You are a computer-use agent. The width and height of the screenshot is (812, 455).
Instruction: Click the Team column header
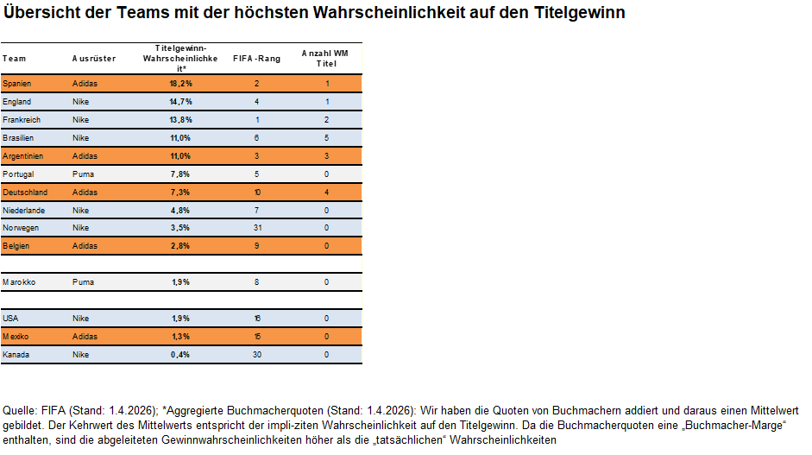(x=14, y=59)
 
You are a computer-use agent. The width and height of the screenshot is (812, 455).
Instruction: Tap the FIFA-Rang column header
(x=256, y=59)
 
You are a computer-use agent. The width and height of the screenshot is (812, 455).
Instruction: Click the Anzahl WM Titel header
(x=326, y=58)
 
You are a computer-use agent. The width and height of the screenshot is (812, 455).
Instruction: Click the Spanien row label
(x=17, y=84)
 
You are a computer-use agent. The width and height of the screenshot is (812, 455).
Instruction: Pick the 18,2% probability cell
(x=180, y=84)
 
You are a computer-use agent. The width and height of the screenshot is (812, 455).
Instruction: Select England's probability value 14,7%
(x=180, y=102)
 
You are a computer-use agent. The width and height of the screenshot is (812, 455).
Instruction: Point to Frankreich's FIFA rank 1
(x=256, y=120)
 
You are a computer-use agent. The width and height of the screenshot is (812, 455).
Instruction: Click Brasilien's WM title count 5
(x=327, y=138)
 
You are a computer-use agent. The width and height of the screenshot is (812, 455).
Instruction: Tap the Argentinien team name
(x=22, y=156)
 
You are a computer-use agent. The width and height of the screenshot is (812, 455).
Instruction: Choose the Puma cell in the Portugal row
(x=82, y=174)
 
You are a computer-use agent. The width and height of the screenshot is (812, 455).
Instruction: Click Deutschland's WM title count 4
(x=327, y=193)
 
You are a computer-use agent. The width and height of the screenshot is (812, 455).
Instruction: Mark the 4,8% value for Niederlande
(x=180, y=210)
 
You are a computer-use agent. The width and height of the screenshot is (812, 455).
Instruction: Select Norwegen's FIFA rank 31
(x=256, y=228)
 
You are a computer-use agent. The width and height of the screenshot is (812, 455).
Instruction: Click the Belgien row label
(x=16, y=246)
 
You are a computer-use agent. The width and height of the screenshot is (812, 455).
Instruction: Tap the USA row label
(x=10, y=319)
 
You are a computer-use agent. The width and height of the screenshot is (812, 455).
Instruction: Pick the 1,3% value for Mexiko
(x=180, y=337)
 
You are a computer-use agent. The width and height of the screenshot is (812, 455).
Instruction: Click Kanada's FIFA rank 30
(x=256, y=355)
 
